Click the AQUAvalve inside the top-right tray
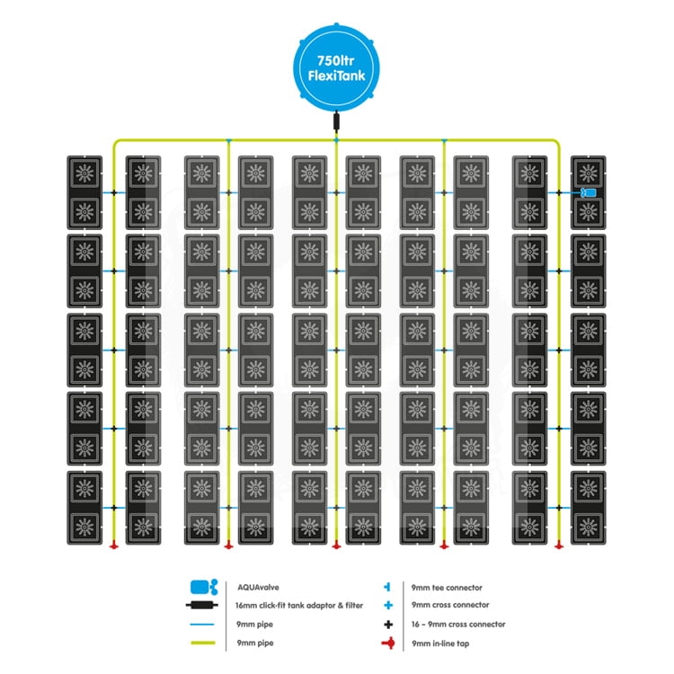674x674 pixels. click(x=589, y=193)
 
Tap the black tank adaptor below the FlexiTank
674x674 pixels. click(x=336, y=122)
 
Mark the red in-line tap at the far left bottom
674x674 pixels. click(x=114, y=545)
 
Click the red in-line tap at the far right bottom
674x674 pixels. click(x=559, y=545)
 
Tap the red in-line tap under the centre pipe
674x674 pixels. click(x=336, y=545)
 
